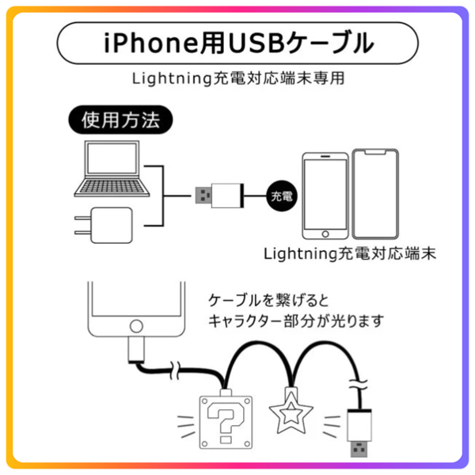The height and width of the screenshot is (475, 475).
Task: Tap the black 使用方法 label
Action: (x=120, y=121)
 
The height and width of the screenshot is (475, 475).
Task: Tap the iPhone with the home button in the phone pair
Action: (x=325, y=196)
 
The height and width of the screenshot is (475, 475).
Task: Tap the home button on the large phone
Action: (x=139, y=326)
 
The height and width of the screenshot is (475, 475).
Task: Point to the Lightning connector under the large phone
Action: (x=135, y=351)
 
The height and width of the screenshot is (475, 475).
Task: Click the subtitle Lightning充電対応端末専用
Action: (x=237, y=80)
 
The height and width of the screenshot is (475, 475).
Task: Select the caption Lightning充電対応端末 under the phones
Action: (x=351, y=255)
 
